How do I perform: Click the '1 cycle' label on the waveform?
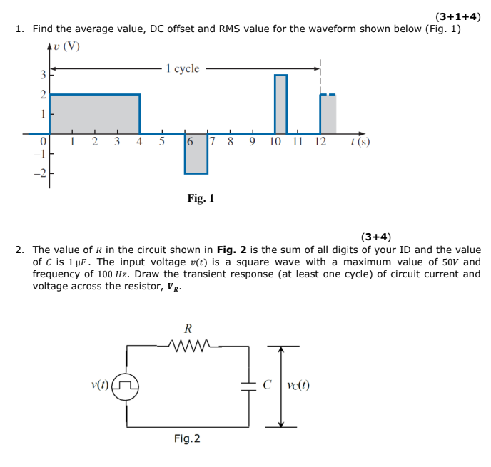click(182, 69)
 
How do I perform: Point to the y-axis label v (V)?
click(69, 48)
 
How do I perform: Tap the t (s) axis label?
click(360, 142)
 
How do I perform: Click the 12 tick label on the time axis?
click(320, 142)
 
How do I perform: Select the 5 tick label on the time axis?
click(162, 142)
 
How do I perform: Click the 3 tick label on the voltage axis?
click(42, 75)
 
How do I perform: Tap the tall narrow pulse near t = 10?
click(280, 103)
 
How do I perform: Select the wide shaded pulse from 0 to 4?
click(94, 113)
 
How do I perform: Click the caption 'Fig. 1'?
click(201, 198)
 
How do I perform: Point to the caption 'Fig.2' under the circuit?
click(187, 438)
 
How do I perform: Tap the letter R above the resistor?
click(188, 329)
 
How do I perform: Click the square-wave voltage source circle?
click(128, 387)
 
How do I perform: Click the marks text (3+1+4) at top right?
click(457, 16)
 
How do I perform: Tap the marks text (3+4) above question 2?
click(375, 237)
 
